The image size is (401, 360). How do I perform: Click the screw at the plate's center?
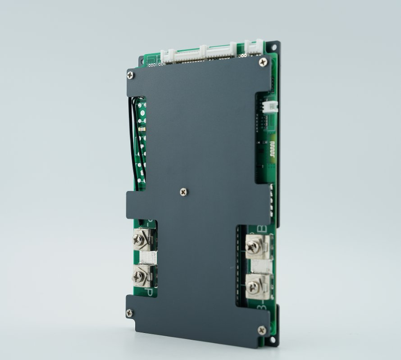pos(183,192)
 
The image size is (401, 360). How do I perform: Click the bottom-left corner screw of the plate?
pos(130,313)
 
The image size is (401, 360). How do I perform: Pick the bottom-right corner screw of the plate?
pos(262,330)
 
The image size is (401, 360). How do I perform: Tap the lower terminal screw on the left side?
pos(139,274)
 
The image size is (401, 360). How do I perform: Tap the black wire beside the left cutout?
pos(137,135)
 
